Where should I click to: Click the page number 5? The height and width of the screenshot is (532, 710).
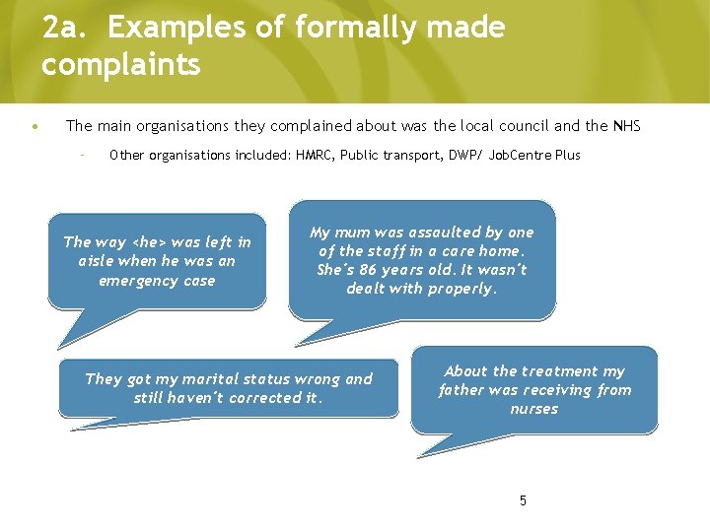tap(523, 500)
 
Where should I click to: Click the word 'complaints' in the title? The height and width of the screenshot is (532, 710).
tap(121, 65)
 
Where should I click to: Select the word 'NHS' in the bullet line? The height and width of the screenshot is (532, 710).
tap(626, 125)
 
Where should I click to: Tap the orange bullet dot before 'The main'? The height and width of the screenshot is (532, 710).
tap(35, 127)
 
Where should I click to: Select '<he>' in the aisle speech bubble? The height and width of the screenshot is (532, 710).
tap(149, 242)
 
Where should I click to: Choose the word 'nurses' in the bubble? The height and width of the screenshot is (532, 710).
tap(533, 409)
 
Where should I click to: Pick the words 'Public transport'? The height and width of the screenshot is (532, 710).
tap(388, 155)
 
